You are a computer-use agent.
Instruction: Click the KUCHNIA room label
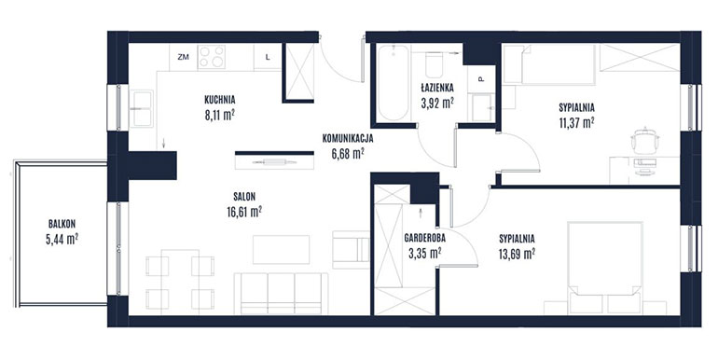[220, 99]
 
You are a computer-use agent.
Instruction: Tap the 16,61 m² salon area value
[244, 212]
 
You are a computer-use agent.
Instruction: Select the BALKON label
[62, 224]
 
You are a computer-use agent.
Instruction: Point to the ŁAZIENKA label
[437, 87]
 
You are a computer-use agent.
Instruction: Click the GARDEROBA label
[424, 238]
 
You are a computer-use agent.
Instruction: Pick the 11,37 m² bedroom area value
[576, 123]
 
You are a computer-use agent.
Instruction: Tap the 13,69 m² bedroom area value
[517, 254]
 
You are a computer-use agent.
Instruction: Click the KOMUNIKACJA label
[348, 138]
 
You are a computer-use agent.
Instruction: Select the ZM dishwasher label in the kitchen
[183, 57]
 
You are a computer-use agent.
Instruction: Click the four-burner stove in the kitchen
[211, 57]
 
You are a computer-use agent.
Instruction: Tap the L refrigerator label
[268, 57]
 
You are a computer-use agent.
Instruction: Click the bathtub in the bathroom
[393, 82]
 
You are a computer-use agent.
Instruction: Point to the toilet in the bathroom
[434, 65]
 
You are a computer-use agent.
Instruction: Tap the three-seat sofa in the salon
[282, 294]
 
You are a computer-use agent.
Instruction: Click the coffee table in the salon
[282, 250]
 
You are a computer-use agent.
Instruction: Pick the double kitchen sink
[141, 108]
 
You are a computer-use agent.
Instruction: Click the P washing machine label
[481, 79]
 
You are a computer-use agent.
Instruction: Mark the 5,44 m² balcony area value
[62, 239]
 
